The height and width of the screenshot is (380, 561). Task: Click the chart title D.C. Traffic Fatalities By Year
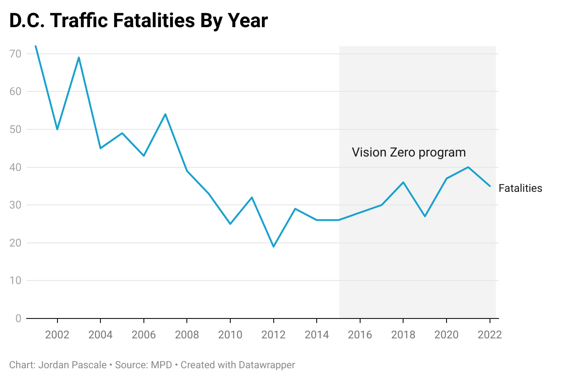point(138,21)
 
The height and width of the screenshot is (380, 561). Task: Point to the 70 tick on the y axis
point(15,54)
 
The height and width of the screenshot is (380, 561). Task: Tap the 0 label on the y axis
point(18,318)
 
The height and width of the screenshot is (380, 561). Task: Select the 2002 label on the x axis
point(57,335)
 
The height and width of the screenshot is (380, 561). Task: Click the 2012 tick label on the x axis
point(274,335)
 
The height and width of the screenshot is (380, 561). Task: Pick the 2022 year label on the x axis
point(490,335)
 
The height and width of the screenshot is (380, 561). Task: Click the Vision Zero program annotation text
point(409,152)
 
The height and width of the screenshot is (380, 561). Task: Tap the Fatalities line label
point(520,189)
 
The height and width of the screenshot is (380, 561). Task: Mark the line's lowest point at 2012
point(274,247)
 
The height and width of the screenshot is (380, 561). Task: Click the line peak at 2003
point(79,57)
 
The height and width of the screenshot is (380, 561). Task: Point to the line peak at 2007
point(165,114)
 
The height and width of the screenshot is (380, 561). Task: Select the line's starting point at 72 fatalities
point(36,46)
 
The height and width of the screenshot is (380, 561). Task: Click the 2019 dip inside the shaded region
point(425,216)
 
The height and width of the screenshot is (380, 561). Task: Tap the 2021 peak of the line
point(468,167)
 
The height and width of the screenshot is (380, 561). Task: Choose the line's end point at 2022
point(490,186)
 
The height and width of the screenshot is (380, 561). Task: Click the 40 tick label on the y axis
point(15,167)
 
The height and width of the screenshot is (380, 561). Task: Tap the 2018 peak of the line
point(403,182)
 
